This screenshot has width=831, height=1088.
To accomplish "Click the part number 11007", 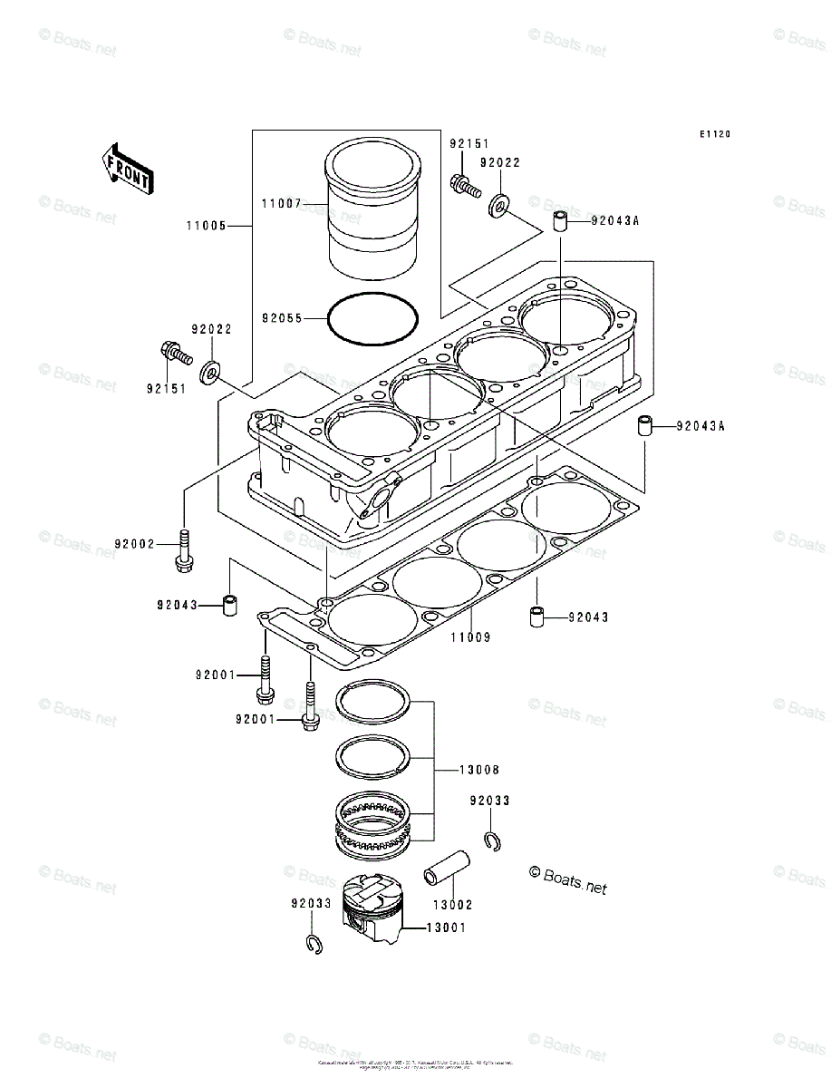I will (281, 204).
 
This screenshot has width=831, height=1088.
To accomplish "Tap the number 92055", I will (282, 318).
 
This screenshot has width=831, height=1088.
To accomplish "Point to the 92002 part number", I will (134, 544).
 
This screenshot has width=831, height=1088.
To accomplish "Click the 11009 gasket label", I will (470, 637).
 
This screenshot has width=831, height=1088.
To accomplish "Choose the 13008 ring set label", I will (478, 770).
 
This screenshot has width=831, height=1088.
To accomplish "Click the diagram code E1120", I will (714, 134).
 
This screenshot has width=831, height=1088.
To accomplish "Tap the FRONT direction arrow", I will (126, 169).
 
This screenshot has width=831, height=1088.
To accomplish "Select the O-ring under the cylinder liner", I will (373, 319).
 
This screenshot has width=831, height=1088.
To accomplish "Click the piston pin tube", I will (447, 868).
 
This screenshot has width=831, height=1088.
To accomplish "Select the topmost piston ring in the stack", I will (374, 704).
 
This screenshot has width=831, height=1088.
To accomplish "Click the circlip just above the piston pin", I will (492, 840).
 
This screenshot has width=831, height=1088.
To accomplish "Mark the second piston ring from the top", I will (374, 755).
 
